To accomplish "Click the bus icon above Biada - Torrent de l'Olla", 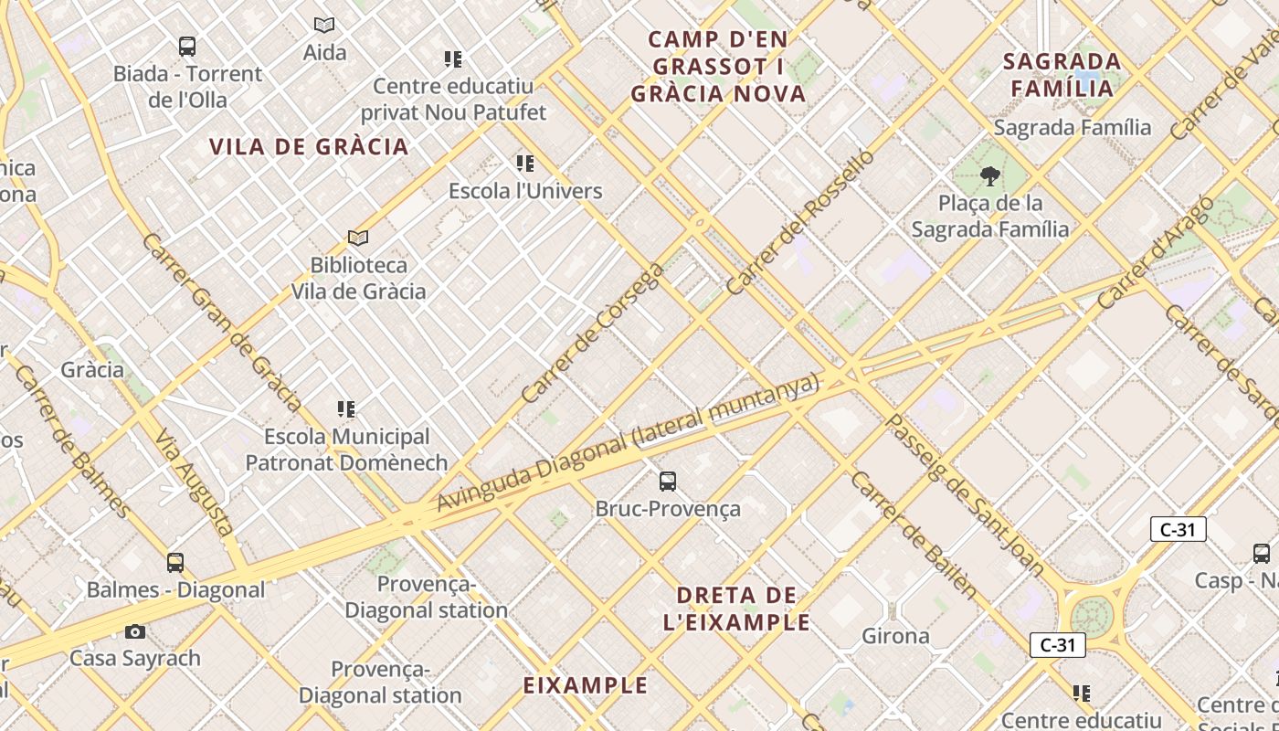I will click(x=187, y=46).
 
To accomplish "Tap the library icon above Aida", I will click(x=324, y=25).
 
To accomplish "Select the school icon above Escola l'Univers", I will click(x=524, y=164).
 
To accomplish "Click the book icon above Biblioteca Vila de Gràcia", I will click(x=358, y=238).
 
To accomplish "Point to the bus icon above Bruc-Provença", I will click(x=668, y=481).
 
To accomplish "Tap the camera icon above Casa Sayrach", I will click(x=135, y=631).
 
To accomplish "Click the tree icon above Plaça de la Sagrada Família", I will click(x=989, y=175).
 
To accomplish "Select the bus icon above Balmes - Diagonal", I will click(x=175, y=563).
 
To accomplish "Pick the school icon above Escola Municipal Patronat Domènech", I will click(x=346, y=408).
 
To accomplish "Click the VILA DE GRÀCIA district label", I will click(x=309, y=147).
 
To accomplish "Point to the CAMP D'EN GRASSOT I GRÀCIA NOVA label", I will click(x=719, y=67).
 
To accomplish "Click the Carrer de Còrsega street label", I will click(x=592, y=334).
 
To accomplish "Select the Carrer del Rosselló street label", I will click(x=800, y=222).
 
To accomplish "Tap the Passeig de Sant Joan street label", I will click(x=965, y=494).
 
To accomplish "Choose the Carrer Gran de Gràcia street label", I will click(x=222, y=322).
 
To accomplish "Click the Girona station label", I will click(x=896, y=636).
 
